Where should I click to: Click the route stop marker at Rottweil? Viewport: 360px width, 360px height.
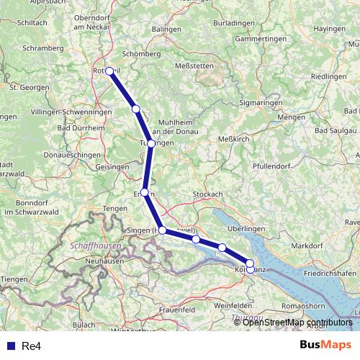110,71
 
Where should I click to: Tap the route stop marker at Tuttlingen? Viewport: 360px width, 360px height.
151,143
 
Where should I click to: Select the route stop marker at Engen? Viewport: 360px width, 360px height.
145,192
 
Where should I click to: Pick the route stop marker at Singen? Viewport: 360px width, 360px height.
163,230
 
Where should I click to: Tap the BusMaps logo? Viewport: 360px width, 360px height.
325,346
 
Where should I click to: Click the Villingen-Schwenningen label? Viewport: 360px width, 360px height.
71,114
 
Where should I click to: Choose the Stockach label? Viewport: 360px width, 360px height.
209,194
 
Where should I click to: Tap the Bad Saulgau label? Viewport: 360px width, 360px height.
336,130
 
